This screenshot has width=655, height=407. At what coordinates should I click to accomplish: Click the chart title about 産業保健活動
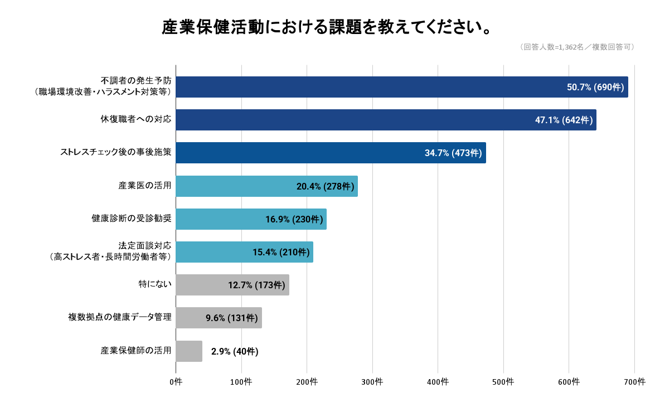click(327, 27)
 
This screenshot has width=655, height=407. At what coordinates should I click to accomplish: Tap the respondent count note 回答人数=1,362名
click(577, 47)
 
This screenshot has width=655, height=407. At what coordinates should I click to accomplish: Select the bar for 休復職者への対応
click(386, 120)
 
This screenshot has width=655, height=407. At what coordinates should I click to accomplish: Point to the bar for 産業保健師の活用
click(189, 351)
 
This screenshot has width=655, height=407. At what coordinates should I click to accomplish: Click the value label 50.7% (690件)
click(595, 87)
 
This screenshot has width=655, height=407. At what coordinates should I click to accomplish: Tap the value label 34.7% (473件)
click(453, 153)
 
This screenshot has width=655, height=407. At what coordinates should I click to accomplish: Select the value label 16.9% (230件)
click(294, 219)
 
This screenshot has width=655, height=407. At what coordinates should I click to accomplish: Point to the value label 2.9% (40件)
click(235, 351)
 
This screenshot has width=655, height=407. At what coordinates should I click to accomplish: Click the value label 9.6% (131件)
click(232, 318)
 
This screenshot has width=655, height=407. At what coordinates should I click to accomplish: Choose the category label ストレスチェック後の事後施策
click(115, 152)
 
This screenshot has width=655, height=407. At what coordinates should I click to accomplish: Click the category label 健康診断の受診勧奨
click(131, 219)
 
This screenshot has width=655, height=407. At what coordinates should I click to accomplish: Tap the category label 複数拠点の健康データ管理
click(119, 318)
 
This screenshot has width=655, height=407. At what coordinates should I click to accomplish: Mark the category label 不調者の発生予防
click(136, 81)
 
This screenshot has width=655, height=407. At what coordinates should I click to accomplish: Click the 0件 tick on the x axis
click(176, 382)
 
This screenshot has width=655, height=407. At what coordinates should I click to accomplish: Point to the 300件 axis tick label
click(372, 382)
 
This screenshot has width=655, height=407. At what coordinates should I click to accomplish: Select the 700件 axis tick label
click(634, 382)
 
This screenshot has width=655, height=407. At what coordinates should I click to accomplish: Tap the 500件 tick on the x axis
click(503, 382)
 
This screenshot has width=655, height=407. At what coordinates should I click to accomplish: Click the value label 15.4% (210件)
click(281, 252)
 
